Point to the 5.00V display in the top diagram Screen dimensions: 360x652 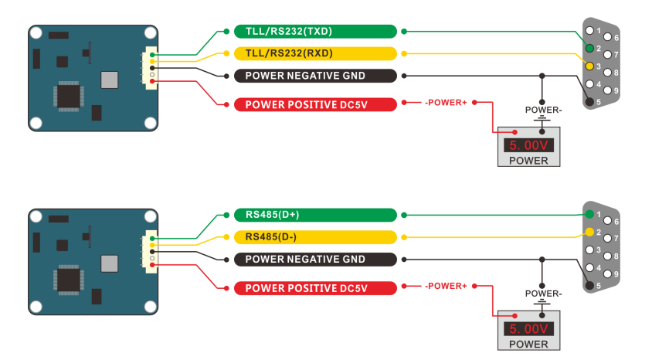pyautogui.click(x=528, y=144)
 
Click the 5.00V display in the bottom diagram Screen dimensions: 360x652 pyautogui.click(x=528, y=328)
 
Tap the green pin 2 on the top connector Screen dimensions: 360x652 pyautogui.click(x=589, y=49)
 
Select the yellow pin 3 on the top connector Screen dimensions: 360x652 pyautogui.click(x=589, y=66)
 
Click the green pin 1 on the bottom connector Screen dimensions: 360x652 pyautogui.click(x=589, y=214)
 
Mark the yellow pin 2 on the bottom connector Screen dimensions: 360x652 pyautogui.click(x=589, y=232)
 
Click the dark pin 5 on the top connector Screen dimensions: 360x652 pyautogui.click(x=589, y=101)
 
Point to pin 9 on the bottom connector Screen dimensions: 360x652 pyautogui.click(x=608, y=273)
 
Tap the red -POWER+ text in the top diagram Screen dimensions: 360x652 pyautogui.click(x=446, y=102)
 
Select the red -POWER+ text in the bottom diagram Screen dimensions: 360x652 pyautogui.click(x=446, y=286)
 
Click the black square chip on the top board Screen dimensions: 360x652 pyautogui.click(x=68, y=96)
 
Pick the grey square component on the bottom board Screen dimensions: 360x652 pyautogui.click(x=110, y=263)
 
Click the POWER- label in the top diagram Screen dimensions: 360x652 pyautogui.click(x=543, y=110)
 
